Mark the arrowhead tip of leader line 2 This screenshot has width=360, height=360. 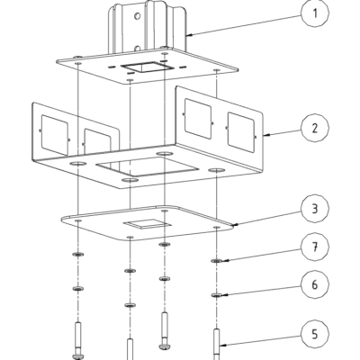tap(262, 136)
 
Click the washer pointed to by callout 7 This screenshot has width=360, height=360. tap(219, 260)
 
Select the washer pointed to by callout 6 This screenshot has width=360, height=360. tap(219, 293)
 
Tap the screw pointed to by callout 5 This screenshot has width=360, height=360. tap(219, 342)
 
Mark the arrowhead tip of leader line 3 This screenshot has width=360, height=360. tap(232, 223)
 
